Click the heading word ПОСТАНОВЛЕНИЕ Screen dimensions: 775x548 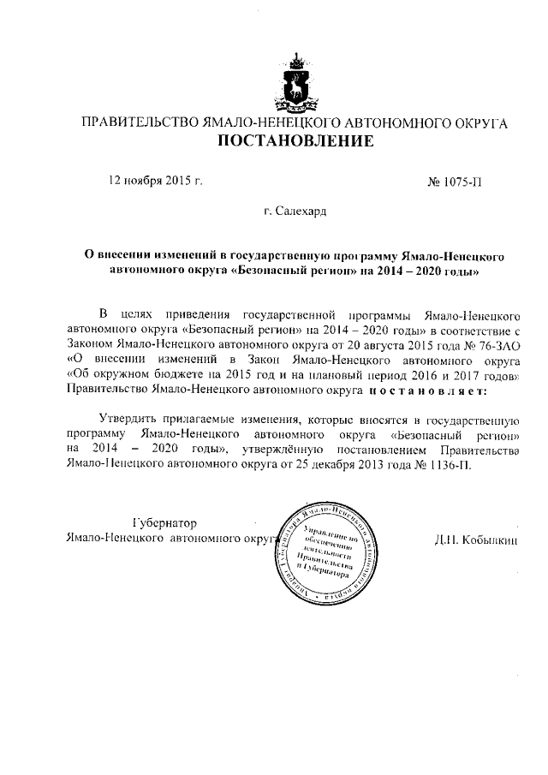coord(294,141)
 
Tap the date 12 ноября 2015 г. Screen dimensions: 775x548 coord(154,181)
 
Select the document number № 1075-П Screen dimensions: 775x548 coord(459,182)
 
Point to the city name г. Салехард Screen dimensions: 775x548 coord(295,210)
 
